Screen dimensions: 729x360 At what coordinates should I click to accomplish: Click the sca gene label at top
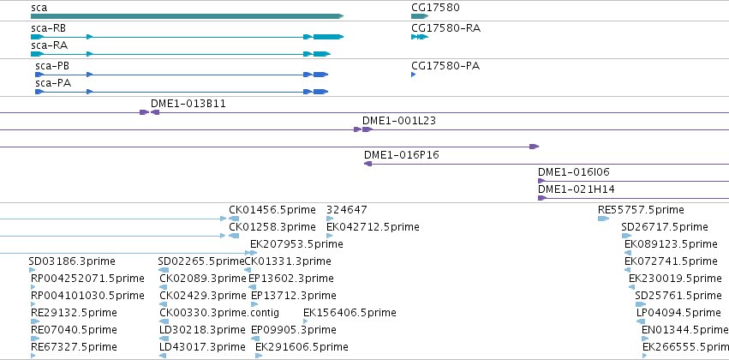(39, 8)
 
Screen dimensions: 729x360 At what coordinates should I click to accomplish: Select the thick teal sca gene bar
(187, 16)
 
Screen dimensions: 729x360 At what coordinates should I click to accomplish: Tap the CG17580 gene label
(435, 8)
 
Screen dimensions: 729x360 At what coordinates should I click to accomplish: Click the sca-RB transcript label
(48, 28)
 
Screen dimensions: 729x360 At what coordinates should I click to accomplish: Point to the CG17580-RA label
(445, 28)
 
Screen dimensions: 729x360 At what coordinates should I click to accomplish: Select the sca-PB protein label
(52, 66)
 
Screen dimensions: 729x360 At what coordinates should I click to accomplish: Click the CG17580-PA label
(445, 66)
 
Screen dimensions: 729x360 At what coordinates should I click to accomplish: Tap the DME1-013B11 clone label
(188, 104)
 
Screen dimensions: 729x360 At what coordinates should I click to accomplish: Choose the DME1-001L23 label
(399, 121)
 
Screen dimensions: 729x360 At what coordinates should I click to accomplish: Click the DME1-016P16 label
(401, 155)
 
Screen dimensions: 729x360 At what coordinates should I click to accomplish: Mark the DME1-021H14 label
(574, 189)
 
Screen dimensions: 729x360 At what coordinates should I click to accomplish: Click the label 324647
(346, 210)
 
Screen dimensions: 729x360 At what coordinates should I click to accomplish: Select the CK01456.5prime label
(272, 210)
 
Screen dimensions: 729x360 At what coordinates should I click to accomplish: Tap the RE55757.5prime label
(641, 210)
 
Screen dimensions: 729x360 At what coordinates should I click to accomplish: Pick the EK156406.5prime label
(350, 313)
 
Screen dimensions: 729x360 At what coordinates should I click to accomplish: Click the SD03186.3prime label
(72, 261)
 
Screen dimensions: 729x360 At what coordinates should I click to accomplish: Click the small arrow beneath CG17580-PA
(413, 75)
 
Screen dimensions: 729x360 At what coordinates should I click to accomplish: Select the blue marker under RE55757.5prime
(603, 219)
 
